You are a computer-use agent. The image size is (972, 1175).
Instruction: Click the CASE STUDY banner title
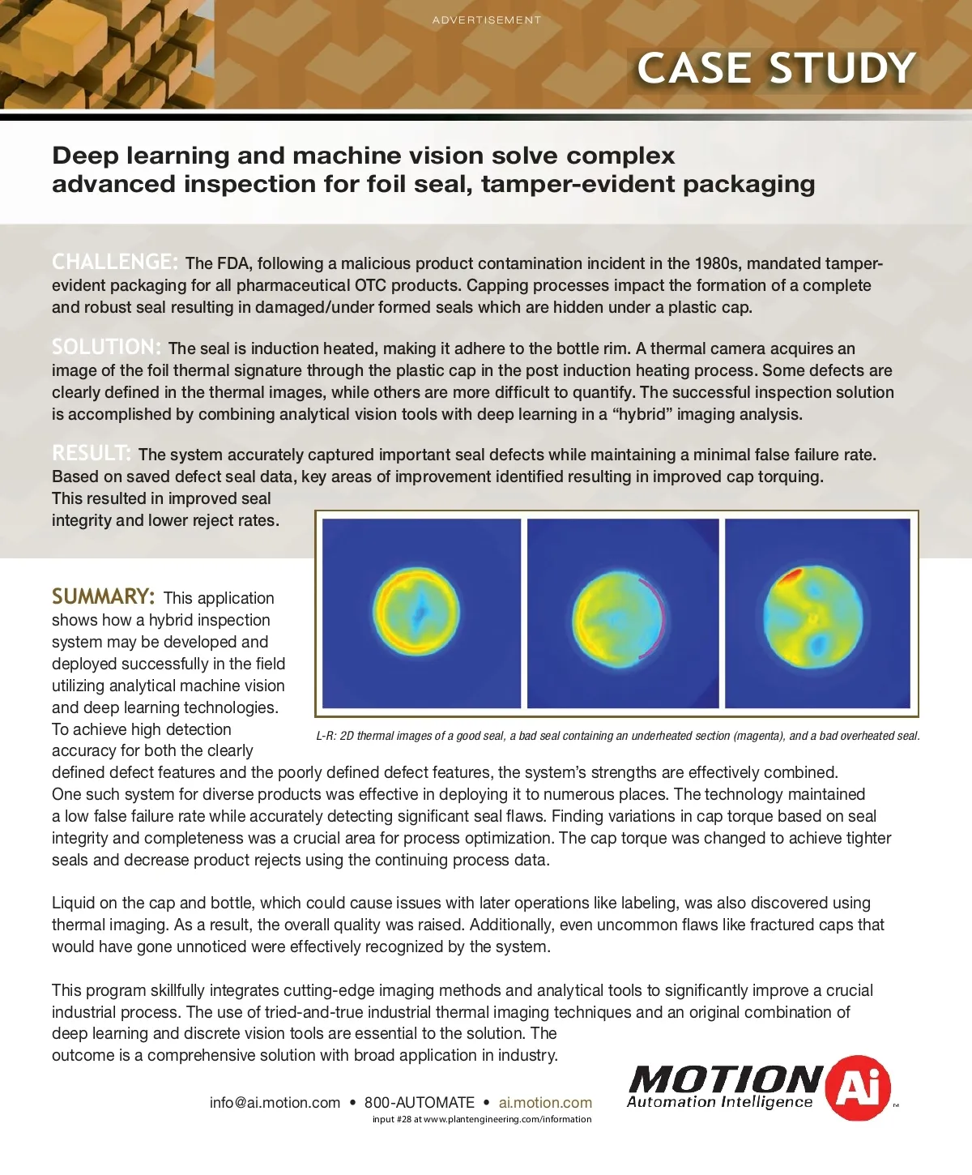tap(776, 68)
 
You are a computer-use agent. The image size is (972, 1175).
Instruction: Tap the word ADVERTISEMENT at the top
tap(486, 20)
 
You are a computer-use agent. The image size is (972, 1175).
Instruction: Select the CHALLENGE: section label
tap(114, 262)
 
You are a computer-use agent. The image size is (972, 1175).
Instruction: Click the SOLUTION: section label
tap(106, 347)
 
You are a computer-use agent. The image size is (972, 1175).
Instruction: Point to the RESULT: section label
tap(91, 453)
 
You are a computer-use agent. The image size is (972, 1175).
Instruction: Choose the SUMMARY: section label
tap(103, 596)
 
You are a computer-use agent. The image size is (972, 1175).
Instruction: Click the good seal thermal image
tap(421, 613)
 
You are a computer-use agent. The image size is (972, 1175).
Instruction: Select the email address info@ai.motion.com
tap(275, 1102)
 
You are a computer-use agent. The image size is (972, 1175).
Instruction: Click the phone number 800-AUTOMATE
tap(419, 1102)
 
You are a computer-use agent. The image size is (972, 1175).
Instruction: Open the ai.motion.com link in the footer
tap(545, 1102)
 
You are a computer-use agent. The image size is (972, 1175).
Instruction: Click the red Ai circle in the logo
tap(858, 1087)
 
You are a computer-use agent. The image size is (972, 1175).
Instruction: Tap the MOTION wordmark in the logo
tap(725, 1079)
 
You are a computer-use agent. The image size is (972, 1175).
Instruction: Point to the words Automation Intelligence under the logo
tap(719, 1102)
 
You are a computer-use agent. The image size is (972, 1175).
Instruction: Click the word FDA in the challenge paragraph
tap(234, 263)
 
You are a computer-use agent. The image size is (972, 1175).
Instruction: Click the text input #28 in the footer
tap(391, 1119)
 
